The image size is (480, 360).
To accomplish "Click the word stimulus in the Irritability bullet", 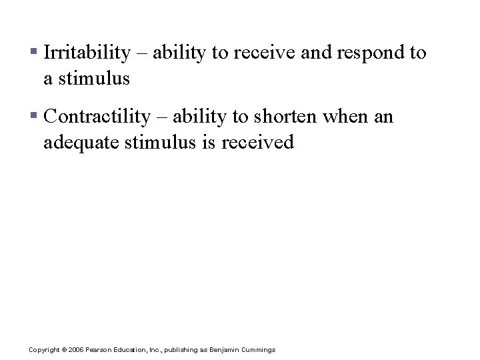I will [93, 79].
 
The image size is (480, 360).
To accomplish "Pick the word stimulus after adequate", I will [167, 143].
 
